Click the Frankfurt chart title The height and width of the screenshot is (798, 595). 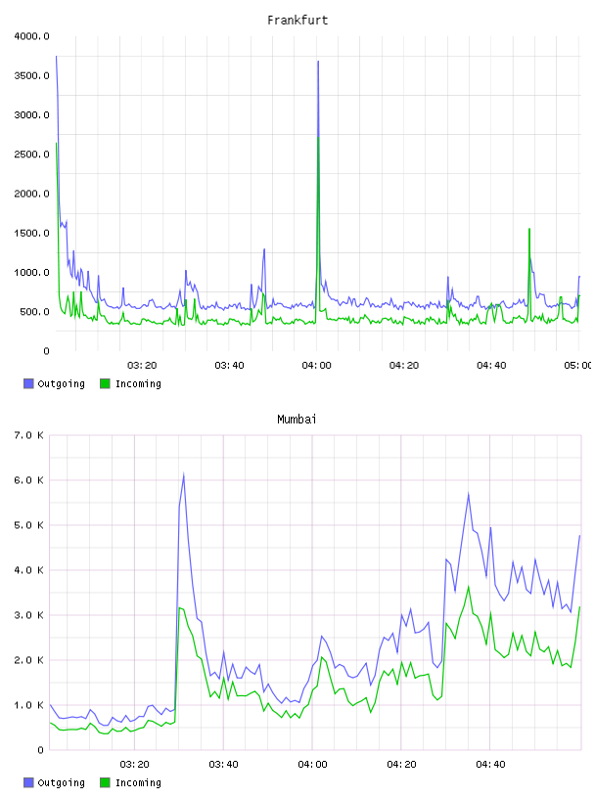click(297, 21)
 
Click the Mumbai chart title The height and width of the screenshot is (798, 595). click(297, 420)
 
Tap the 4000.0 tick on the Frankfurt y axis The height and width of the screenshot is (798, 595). click(31, 36)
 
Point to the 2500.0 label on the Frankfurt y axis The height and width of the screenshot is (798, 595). click(31, 155)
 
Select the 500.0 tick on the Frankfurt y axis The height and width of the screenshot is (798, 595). click(34, 311)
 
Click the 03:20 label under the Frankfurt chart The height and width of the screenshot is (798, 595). click(142, 365)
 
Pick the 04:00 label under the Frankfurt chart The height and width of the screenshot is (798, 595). click(316, 365)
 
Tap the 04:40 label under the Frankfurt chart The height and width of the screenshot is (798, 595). click(491, 365)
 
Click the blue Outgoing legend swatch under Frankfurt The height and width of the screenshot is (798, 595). click(28, 383)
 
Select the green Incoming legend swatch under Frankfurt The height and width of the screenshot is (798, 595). click(105, 383)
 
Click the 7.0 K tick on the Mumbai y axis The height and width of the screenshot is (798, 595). click(29, 435)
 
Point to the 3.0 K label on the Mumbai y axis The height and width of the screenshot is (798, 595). click(29, 615)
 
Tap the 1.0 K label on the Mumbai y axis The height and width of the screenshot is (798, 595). click(29, 705)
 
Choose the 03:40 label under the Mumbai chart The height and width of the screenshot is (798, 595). click(224, 764)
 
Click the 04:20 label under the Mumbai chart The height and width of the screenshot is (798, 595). click(401, 764)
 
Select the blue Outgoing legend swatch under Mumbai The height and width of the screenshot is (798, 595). click(28, 782)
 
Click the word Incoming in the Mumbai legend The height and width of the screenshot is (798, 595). click(138, 782)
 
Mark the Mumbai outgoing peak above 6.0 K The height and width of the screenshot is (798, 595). click(183, 475)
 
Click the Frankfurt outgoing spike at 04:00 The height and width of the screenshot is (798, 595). click(318, 62)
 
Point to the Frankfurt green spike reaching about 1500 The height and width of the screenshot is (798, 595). click(529, 230)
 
